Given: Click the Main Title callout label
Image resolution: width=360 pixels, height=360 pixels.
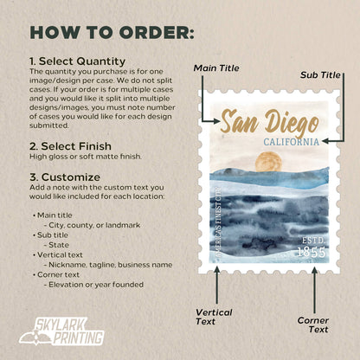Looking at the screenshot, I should tap(218, 67).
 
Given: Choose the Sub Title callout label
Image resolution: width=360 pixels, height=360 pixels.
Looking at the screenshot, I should tap(320, 75).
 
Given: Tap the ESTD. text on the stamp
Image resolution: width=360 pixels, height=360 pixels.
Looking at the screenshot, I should tap(312, 238).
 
